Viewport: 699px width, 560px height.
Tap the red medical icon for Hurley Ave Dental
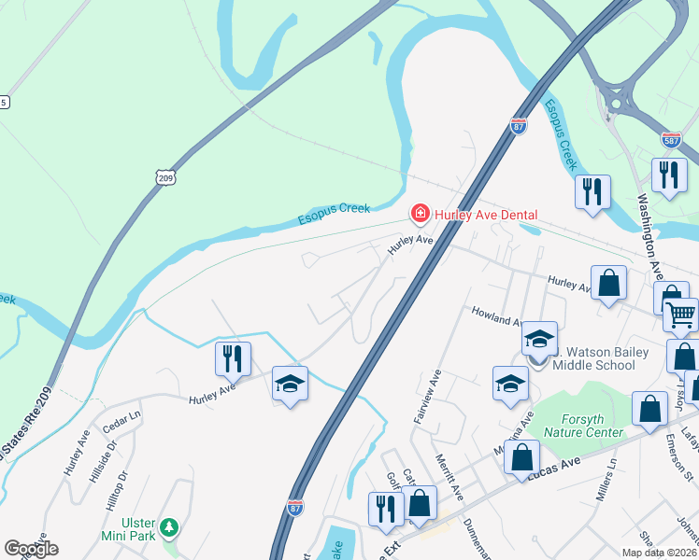pyautogui.click(x=421, y=215)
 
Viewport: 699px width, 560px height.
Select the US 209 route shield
pyautogui.click(x=165, y=175)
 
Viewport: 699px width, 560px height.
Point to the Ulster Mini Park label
pyautogui.click(x=129, y=530)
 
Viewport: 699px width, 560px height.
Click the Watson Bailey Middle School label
pyautogui.click(x=599, y=357)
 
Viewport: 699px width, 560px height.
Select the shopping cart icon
pyautogui.click(x=681, y=315)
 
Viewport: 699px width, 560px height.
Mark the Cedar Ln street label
pyautogui.click(x=121, y=416)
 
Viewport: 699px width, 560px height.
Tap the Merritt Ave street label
pyautogui.click(x=449, y=476)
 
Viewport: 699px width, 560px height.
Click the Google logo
pyautogui.click(x=31, y=549)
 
